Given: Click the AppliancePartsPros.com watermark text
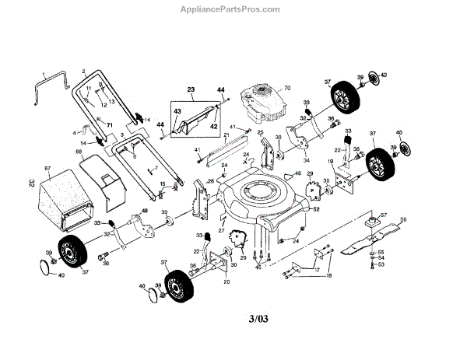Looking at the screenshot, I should (x=233, y=10).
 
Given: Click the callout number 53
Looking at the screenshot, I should (x=381, y=265).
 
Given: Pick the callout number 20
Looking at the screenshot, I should (x=226, y=281).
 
